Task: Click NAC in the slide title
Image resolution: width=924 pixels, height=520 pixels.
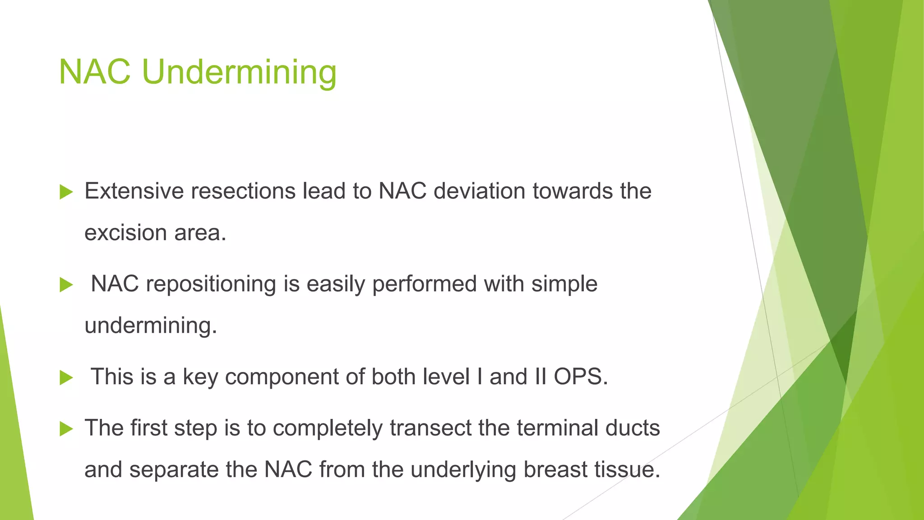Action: (95, 72)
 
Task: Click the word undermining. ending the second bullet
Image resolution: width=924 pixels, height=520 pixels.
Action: (151, 325)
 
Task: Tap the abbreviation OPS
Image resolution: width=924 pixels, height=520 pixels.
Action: (581, 376)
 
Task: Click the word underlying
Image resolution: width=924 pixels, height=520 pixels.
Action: (463, 469)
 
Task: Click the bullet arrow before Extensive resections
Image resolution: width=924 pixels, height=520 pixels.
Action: (66, 192)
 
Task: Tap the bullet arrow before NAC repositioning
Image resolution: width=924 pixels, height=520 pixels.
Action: (66, 285)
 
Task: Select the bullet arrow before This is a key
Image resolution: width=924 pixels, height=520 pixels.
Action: (66, 377)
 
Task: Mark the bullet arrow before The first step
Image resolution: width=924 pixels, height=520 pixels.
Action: (66, 429)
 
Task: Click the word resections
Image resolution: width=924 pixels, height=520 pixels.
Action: (243, 191)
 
